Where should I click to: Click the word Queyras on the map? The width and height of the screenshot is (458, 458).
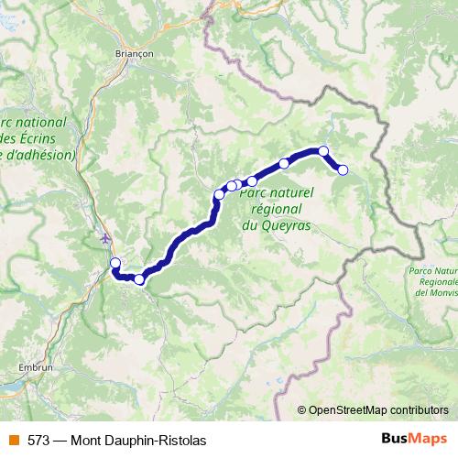[284, 224]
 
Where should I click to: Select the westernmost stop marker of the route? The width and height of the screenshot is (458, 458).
[115, 264]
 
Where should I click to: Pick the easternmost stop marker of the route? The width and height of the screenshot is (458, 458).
[343, 169]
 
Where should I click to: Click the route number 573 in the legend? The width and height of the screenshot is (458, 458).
[38, 440]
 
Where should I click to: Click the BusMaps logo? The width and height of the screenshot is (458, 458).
[409, 439]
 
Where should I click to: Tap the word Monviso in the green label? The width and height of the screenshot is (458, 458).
[435, 294]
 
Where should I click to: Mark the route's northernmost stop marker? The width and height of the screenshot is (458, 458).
[323, 151]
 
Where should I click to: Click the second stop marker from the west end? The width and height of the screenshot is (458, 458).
[139, 279]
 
